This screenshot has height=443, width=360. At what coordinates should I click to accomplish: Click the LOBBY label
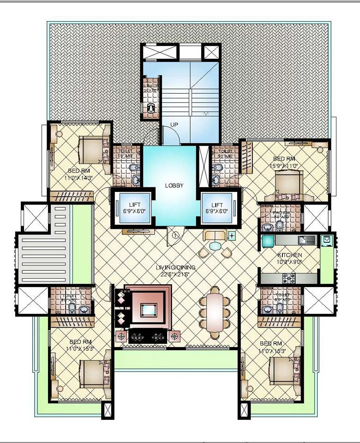click(x=174, y=186)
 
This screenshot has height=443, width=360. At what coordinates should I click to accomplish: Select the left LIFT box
click(x=134, y=208)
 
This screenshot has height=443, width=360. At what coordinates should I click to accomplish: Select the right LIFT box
click(x=217, y=208)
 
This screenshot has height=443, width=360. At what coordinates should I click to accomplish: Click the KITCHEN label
click(x=289, y=255)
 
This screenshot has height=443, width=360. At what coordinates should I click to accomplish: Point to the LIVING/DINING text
click(x=176, y=267)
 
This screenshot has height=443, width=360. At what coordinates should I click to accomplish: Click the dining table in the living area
click(x=215, y=311)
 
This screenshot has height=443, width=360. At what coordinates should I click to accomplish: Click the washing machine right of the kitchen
click(x=327, y=240)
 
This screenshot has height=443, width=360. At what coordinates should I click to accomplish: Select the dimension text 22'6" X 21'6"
click(x=176, y=274)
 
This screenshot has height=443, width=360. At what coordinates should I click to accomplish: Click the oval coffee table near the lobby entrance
click(x=215, y=246)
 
